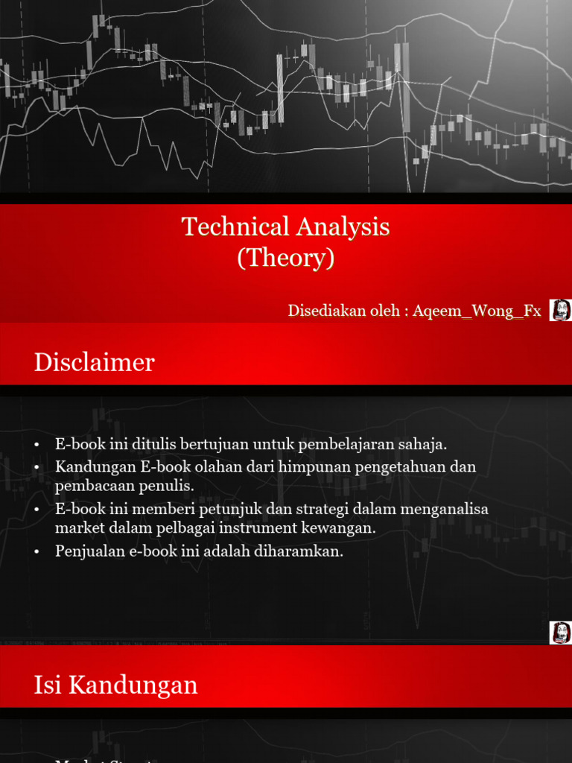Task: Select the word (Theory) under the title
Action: tap(286, 258)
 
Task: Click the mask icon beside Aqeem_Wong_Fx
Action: tap(560, 310)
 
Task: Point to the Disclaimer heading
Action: tap(95, 362)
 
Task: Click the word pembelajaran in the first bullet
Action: tap(348, 445)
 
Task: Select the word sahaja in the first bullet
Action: tap(424, 445)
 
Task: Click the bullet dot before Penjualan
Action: tap(36, 552)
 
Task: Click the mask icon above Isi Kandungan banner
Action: tap(560, 633)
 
